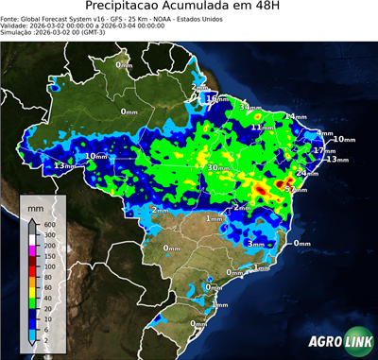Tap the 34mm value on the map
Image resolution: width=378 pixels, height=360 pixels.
[x=249, y=107]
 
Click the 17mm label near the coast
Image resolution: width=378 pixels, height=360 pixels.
[x=323, y=150]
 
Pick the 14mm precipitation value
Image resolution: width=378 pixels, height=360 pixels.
[x=297, y=116]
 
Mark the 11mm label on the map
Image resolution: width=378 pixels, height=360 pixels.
[x=267, y=127]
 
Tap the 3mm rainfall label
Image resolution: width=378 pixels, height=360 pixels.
[x=255, y=244]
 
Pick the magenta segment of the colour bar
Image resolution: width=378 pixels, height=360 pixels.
[x=31, y=250]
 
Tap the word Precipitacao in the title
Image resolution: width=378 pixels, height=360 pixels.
[x=141, y=9]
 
